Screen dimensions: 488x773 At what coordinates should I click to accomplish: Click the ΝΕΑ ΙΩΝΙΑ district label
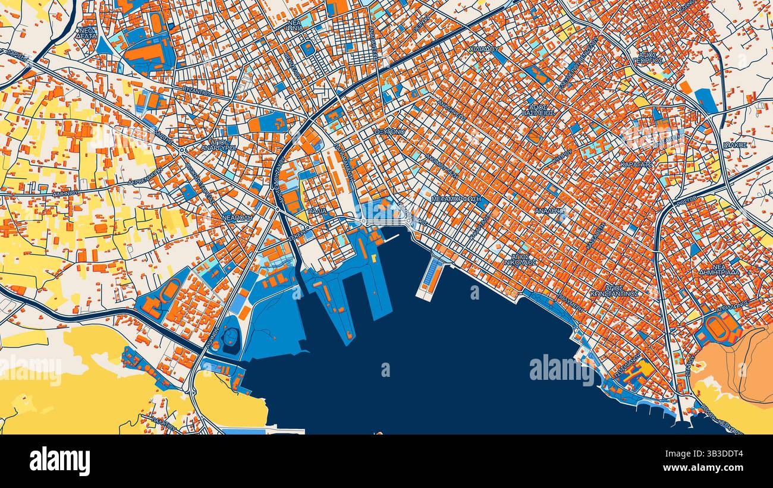(x=294, y=26)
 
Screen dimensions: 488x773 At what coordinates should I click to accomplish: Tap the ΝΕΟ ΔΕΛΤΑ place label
(x=86, y=33)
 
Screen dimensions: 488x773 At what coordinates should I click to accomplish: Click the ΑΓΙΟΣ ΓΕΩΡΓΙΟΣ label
(x=648, y=57)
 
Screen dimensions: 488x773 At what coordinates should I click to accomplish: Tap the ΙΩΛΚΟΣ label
(x=735, y=145)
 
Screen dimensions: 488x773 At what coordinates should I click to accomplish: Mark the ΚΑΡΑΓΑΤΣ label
(x=636, y=164)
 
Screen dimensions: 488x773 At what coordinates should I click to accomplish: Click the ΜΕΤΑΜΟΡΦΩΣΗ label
(x=456, y=199)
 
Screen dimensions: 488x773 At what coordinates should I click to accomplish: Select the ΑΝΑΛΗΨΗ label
(x=549, y=211)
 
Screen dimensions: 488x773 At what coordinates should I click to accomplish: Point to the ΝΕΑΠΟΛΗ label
(x=238, y=218)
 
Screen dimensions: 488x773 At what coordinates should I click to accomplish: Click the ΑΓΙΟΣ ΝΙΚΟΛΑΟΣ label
(x=520, y=259)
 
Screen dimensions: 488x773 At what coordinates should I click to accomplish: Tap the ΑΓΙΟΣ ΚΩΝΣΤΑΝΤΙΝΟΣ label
(x=614, y=290)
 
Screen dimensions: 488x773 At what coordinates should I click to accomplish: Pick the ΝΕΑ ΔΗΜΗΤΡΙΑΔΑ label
(x=719, y=269)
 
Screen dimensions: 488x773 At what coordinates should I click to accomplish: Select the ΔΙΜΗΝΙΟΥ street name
(x=65, y=193)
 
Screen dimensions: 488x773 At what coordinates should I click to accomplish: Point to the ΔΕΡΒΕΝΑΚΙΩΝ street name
(x=145, y=177)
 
